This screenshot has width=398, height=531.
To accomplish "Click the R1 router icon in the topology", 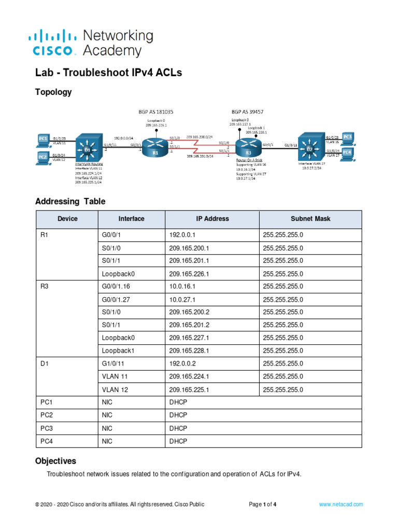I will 155,146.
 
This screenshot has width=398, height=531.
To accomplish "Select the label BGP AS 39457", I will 247,111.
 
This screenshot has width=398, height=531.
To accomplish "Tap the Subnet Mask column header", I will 310,219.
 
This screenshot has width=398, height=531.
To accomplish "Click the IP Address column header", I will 212,219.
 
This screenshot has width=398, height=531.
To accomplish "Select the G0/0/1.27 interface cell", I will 117,299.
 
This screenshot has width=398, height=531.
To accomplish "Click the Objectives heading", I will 55,460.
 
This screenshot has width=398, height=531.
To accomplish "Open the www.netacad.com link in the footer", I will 341,504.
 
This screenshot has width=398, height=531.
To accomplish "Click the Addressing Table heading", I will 70,201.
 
